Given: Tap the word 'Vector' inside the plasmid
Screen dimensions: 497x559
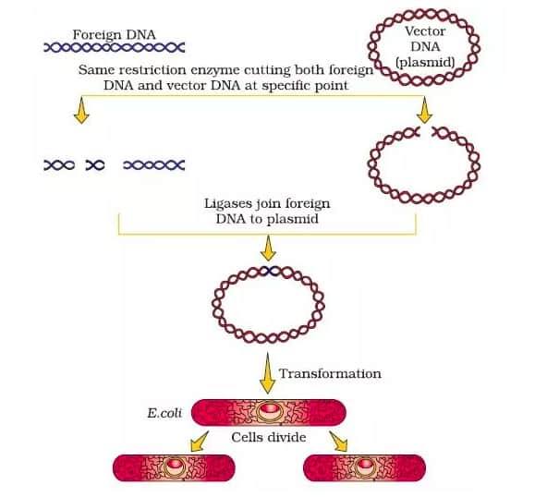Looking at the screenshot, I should click(x=426, y=31).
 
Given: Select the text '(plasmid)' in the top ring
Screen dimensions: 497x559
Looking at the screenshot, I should click(x=425, y=63).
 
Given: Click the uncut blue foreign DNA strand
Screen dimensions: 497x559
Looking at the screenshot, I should click(x=114, y=48).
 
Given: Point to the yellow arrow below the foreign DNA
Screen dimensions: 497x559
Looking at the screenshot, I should click(x=82, y=110).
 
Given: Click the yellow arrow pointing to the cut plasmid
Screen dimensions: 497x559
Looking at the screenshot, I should click(x=425, y=110).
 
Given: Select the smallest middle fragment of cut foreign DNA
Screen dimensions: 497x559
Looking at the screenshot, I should click(x=95, y=164).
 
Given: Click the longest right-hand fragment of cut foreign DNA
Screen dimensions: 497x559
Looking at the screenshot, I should click(x=153, y=164).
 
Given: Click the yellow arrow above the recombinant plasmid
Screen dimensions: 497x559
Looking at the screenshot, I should click(x=269, y=248).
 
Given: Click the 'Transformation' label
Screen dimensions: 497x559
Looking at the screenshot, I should click(x=330, y=373).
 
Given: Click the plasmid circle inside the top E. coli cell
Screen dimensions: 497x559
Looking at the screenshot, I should click(x=269, y=411).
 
